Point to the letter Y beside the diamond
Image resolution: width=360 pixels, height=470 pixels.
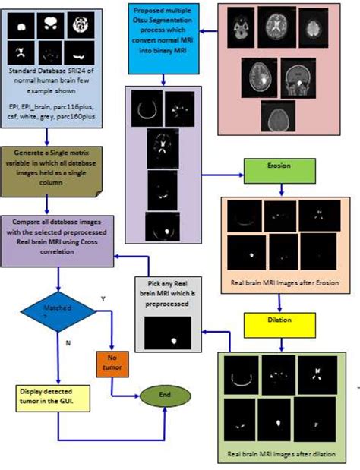tap(103, 299)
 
